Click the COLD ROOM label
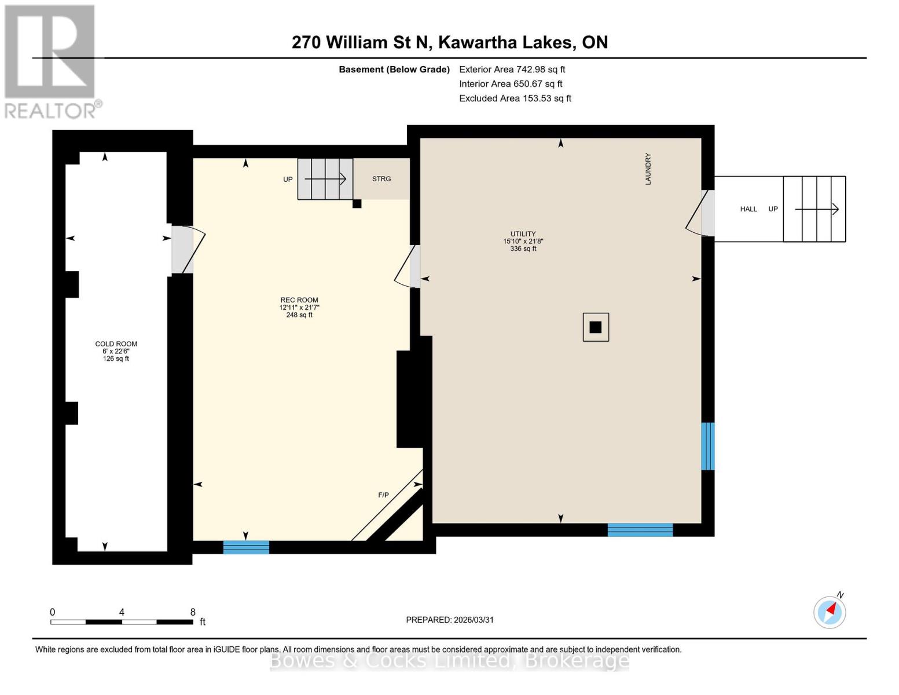coord(116,344)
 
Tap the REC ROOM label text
coord(299,300)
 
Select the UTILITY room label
coord(523,234)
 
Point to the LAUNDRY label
coord(648,169)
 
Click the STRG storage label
coord(381,179)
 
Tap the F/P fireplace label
coord(383,495)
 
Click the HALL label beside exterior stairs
coord(748,209)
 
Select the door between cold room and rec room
coord(183,250)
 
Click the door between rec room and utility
coord(414,266)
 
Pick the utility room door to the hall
coord(707,213)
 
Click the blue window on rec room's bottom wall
coord(246,547)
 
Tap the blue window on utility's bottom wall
coord(640,530)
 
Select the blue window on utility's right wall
coord(707,446)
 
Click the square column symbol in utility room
coord(596,327)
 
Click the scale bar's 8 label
coord(193,612)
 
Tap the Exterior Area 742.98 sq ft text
coord(512,69)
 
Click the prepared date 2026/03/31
coord(450,620)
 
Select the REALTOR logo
coord(51,61)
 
